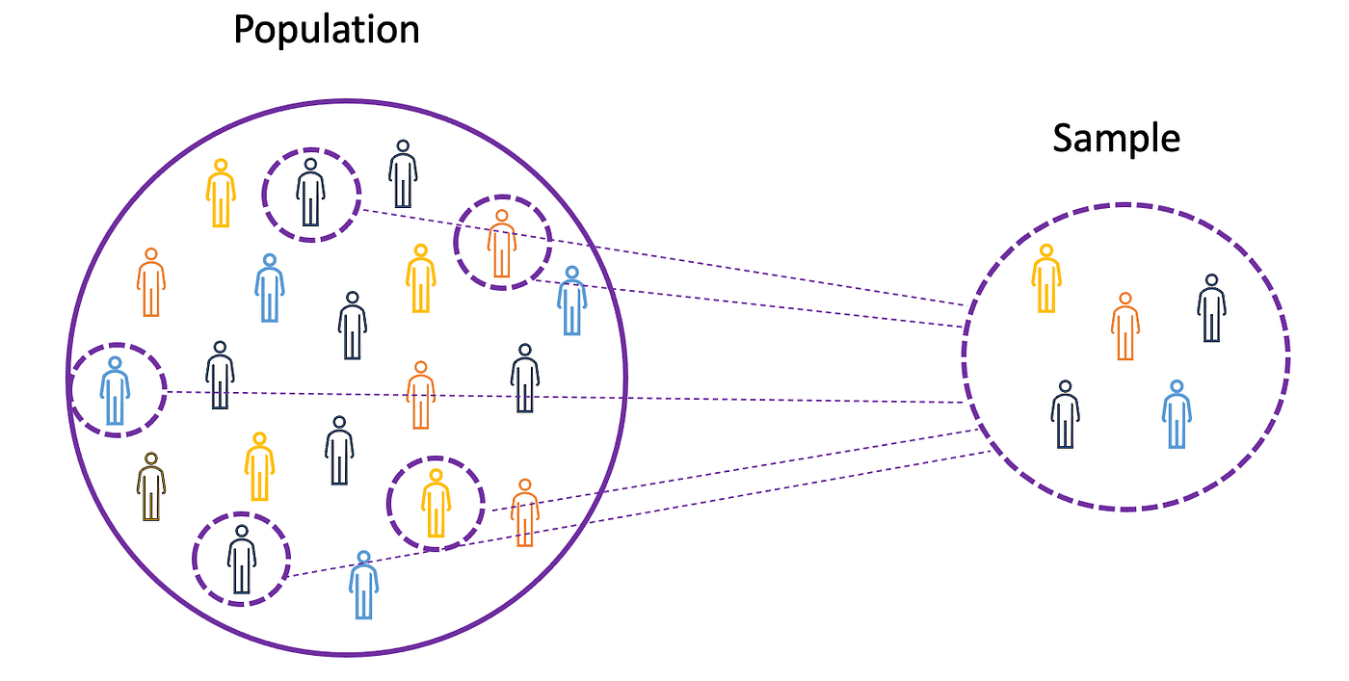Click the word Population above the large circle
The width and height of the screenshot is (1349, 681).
[x=327, y=31]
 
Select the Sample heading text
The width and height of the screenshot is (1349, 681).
[x=1116, y=139]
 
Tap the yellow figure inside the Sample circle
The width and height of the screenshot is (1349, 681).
[x=1046, y=278]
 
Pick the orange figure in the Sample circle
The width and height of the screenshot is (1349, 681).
[x=1124, y=327]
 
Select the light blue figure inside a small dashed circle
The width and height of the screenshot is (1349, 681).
[x=116, y=390]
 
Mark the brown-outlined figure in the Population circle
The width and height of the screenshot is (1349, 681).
[x=150, y=486]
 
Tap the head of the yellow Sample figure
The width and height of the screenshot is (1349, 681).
[x=1046, y=251]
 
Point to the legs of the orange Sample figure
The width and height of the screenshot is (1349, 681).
[x=1124, y=347]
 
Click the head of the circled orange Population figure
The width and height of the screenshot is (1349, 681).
[x=501, y=217]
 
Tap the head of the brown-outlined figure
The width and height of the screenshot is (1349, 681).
[x=150, y=459]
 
